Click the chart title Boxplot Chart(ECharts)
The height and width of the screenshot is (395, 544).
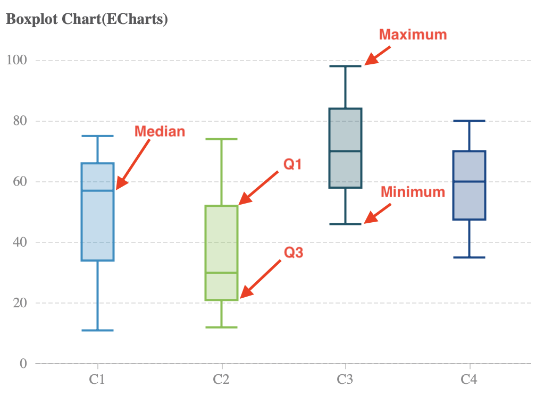point(87,20)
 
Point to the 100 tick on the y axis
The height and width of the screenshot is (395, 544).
point(17,61)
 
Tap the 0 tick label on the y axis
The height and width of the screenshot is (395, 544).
point(23,364)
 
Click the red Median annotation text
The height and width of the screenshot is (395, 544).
point(160,131)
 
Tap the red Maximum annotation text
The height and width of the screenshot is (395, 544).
point(413,35)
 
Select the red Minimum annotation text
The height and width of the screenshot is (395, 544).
point(413,192)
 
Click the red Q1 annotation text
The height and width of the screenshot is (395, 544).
point(292,164)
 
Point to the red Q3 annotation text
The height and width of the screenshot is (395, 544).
point(293,253)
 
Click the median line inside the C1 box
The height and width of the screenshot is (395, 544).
point(98,190)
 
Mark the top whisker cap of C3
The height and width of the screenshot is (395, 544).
point(345,66)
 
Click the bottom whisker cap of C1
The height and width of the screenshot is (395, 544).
point(98,330)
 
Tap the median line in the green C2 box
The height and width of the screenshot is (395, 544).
point(221,273)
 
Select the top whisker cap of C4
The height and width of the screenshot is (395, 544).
point(469,121)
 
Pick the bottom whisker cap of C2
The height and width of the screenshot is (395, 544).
point(221,327)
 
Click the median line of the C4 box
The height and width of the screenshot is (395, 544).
point(469,181)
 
